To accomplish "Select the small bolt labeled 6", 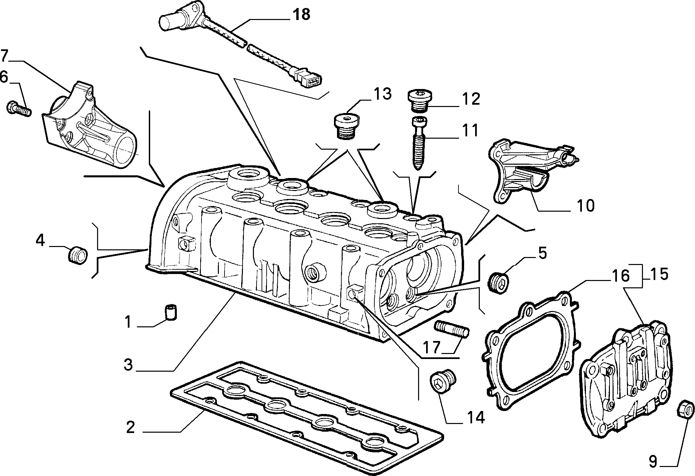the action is [19, 109].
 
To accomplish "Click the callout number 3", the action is [128, 364].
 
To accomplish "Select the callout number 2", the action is [130, 428].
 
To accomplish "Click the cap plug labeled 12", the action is [419, 99].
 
